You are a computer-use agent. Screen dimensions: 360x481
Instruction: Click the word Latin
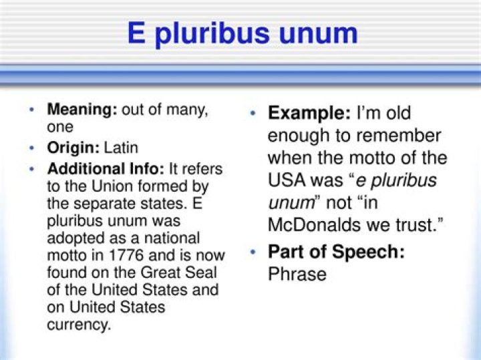point(120,148)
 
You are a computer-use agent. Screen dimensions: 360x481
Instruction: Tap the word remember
point(399,136)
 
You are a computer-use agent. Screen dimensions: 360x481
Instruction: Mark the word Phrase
point(297,274)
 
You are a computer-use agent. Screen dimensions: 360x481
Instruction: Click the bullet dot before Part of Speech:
point(253,252)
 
